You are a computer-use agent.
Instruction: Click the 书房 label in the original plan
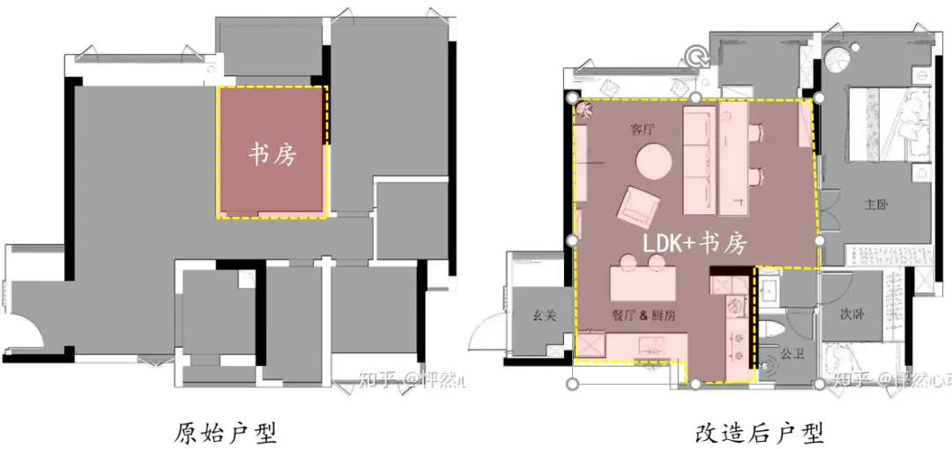click(271, 155)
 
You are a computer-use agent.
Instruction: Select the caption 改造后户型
click(759, 432)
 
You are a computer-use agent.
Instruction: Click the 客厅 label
click(643, 130)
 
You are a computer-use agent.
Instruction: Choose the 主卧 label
click(876, 205)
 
